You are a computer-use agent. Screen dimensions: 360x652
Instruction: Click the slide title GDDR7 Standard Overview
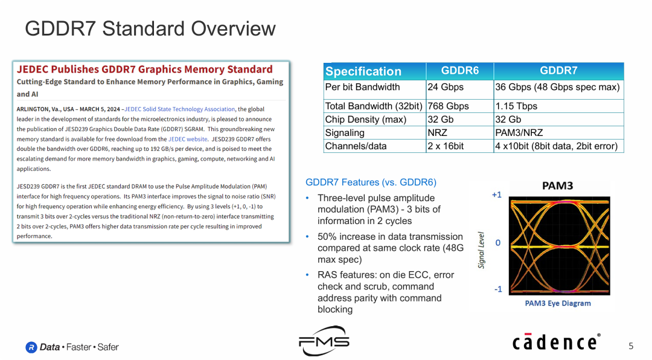click(x=150, y=28)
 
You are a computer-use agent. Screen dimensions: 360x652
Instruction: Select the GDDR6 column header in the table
click(x=459, y=71)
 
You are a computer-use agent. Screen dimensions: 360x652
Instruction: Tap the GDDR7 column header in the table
click(x=558, y=71)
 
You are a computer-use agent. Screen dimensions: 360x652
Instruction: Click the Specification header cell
click(x=363, y=71)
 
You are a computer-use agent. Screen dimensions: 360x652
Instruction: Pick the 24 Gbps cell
click(x=446, y=87)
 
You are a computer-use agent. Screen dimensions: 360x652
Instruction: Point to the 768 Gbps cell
click(x=448, y=106)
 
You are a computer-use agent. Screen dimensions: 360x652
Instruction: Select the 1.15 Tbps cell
click(x=516, y=106)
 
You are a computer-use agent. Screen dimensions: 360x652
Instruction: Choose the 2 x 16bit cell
click(x=446, y=146)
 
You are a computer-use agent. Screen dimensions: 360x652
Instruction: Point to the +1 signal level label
click(x=496, y=195)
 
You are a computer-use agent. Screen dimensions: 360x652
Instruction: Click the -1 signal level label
click(x=497, y=289)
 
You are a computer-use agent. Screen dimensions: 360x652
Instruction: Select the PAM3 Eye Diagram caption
click(x=557, y=303)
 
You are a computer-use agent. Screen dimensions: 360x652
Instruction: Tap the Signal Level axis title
click(x=482, y=250)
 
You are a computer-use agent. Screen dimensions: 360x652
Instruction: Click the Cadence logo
click(x=556, y=342)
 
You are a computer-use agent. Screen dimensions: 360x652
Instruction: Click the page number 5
click(x=631, y=346)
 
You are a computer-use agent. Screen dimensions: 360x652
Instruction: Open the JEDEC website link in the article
click(x=187, y=139)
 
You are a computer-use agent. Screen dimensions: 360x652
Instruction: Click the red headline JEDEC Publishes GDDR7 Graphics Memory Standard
click(x=144, y=69)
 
